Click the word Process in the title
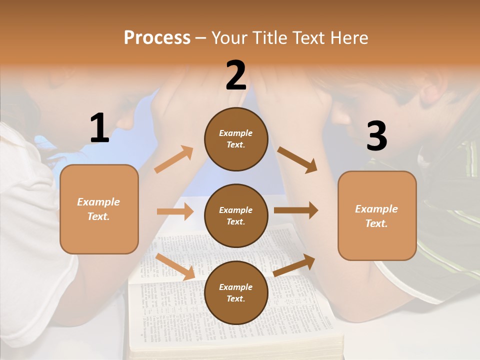tap(157, 38)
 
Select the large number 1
tap(99, 128)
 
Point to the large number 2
tap(236, 75)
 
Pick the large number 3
tap(376, 136)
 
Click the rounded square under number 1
tap(99, 209)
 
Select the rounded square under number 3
tap(377, 215)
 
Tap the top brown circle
tap(236, 138)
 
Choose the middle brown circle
tap(236, 215)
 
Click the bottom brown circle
tap(236, 292)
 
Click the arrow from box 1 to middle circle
tap(175, 211)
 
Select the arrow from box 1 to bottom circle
tap(175, 266)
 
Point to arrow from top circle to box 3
tap(297, 159)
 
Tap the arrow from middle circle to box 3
tap(296, 210)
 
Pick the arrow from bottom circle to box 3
tap(294, 265)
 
